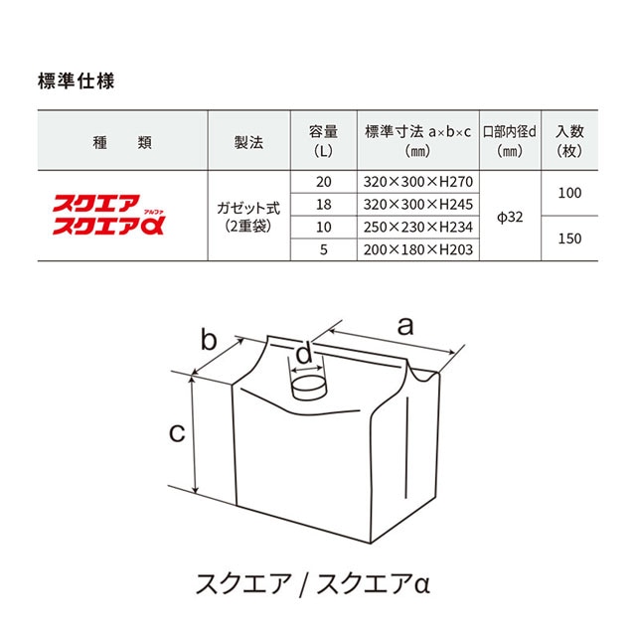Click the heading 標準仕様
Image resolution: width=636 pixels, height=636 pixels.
[76, 81]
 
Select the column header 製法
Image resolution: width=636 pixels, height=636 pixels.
[248, 142]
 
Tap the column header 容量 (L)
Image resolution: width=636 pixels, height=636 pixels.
[323, 141]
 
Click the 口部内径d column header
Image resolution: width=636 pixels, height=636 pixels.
[510, 141]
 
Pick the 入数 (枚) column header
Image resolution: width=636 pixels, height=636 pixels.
[569, 141]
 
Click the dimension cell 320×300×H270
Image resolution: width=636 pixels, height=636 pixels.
[417, 182]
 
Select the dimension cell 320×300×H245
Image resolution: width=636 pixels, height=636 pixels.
[417, 205]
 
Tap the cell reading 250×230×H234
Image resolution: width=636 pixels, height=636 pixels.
[417, 228]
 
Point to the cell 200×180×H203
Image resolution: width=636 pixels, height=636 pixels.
[417, 249]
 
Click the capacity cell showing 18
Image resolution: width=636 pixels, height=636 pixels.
[324, 205]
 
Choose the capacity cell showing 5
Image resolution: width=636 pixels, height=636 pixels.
[324, 249]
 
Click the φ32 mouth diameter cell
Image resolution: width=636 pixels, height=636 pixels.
[510, 218]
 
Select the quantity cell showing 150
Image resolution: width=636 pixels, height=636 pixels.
[569, 238]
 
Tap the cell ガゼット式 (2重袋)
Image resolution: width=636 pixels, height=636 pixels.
[248, 217]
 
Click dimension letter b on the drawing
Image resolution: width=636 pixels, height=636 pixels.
[209, 340]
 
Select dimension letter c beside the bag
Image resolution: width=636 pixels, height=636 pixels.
[177, 433]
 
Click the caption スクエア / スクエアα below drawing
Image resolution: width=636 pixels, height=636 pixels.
[313, 584]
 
